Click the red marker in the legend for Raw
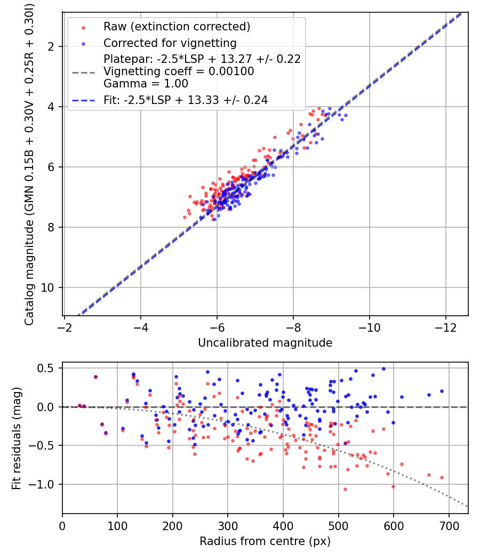click(x=83, y=28)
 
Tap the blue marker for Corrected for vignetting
click(x=83, y=44)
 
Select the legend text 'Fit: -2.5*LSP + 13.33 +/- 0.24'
click(x=186, y=100)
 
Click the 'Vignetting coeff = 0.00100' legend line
click(x=179, y=71)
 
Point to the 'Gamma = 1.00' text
click(x=146, y=84)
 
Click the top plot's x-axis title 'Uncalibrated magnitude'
click(x=265, y=343)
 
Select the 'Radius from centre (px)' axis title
click(x=265, y=541)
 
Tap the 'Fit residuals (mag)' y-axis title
click(x=17, y=438)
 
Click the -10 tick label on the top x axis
click(x=369, y=327)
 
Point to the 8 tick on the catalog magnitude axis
click(x=51, y=228)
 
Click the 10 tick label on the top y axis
click(x=47, y=287)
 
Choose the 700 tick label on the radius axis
click(x=449, y=526)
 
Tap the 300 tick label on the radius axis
click(x=228, y=526)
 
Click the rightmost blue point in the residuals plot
click(x=442, y=391)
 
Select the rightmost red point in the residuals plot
click(x=442, y=477)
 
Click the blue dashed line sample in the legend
click(x=84, y=100)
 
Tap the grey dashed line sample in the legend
click(x=84, y=73)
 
